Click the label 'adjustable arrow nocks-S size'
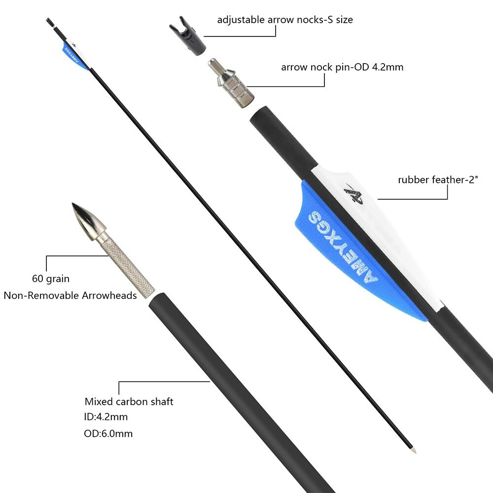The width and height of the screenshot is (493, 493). click(x=285, y=20)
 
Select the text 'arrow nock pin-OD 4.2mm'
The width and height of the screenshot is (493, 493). click(x=342, y=67)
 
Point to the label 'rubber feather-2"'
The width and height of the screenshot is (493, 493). click(x=438, y=179)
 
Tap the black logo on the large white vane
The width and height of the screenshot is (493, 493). click(x=354, y=194)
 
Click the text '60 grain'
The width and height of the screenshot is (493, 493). click(x=51, y=279)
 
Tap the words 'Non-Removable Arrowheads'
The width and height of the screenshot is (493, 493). click(x=70, y=295)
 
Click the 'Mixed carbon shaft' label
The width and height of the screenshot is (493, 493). click(x=129, y=401)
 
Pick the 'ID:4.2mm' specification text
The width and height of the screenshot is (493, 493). click(x=106, y=417)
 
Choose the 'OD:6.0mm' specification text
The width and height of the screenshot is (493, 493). click(x=108, y=433)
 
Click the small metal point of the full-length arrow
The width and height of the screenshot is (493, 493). click(x=414, y=450)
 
